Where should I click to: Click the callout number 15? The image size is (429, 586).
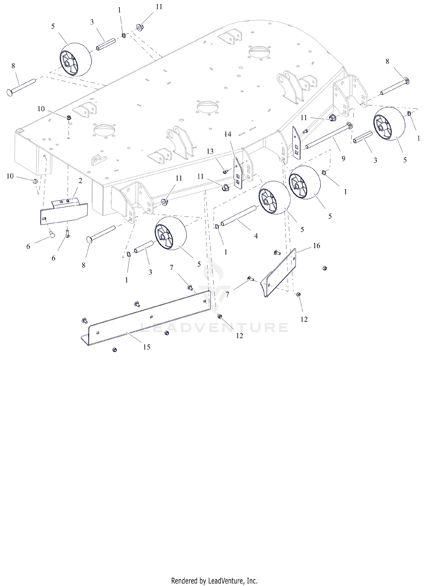[x=146, y=347]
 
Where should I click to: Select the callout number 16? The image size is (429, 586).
[x=316, y=245]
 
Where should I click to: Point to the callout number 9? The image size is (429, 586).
[x=343, y=158]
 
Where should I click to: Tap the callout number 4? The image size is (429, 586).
[x=256, y=236]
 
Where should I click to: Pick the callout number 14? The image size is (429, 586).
[x=228, y=134]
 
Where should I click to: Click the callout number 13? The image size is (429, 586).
[x=210, y=151]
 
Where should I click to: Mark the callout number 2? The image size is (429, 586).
[x=80, y=181]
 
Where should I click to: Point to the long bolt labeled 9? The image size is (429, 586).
[x=329, y=136]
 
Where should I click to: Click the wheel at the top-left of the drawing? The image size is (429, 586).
[x=76, y=60]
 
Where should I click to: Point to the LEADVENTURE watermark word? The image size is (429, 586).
[x=214, y=328]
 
